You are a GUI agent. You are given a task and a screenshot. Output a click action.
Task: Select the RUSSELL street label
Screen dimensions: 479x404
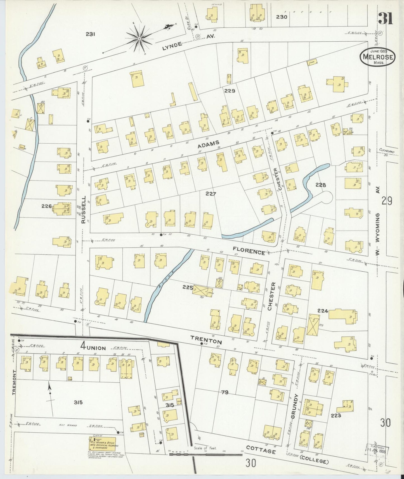(x=83, y=209)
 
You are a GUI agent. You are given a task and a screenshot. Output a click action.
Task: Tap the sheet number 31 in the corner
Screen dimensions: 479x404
(x=386, y=18)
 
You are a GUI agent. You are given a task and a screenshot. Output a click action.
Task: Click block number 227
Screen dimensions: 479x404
(x=211, y=194)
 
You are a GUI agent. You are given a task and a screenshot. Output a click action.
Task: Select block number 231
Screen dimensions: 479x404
(x=91, y=34)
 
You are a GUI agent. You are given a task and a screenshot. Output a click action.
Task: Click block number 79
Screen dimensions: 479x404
(x=225, y=393)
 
